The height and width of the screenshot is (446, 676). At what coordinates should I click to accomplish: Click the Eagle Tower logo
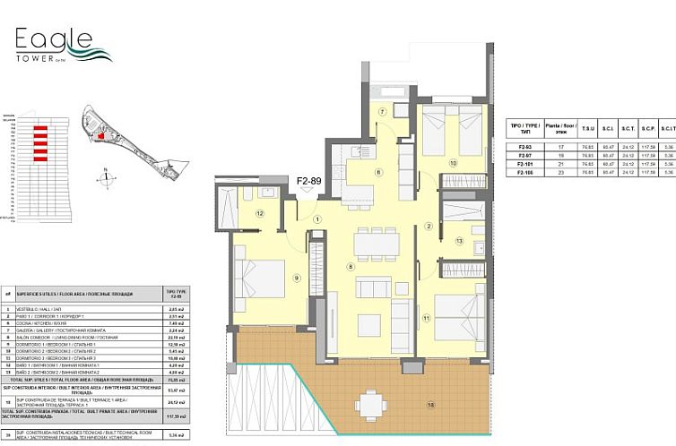click(x=63, y=44)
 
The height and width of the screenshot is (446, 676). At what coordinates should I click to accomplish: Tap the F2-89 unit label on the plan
click(x=309, y=182)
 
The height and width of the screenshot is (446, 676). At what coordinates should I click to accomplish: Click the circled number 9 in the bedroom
click(x=296, y=279)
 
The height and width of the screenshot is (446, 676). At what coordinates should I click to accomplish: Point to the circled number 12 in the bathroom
click(x=258, y=213)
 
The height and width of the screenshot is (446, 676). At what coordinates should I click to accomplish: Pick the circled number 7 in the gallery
click(x=381, y=112)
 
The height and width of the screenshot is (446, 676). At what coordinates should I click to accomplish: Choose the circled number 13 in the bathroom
click(x=458, y=241)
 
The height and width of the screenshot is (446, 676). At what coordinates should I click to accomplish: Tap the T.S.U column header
click(x=586, y=129)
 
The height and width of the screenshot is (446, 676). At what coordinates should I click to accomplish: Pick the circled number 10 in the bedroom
click(x=454, y=163)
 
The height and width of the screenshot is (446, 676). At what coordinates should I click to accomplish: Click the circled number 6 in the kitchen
click(x=378, y=173)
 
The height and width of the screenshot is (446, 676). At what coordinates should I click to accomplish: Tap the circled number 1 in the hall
click(x=317, y=219)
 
